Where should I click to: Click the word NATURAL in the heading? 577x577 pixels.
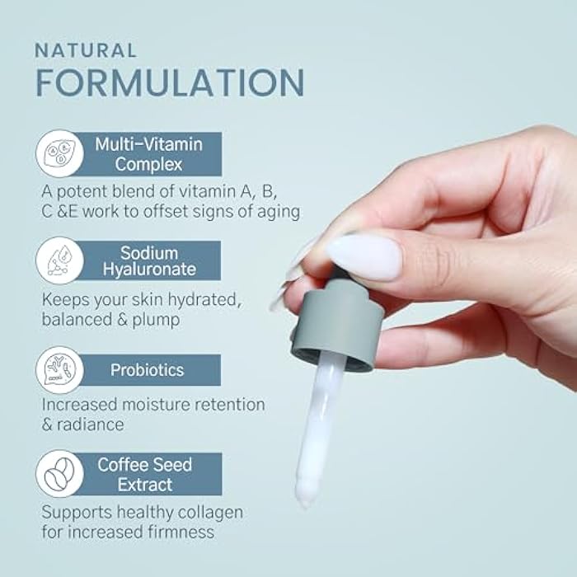(x=85, y=50)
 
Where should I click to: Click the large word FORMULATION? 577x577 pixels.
(x=169, y=83)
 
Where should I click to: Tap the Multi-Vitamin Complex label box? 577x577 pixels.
(x=148, y=154)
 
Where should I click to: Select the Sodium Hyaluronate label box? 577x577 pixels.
(x=148, y=260)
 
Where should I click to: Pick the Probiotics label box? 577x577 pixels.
(x=148, y=370)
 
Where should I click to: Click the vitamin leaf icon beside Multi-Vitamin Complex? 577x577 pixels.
(x=59, y=154)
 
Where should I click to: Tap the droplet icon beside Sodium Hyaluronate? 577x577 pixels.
(x=59, y=260)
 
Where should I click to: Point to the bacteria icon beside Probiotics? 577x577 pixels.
(x=59, y=370)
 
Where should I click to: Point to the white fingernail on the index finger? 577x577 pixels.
(x=364, y=256)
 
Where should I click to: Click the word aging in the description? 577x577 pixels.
(x=277, y=212)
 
